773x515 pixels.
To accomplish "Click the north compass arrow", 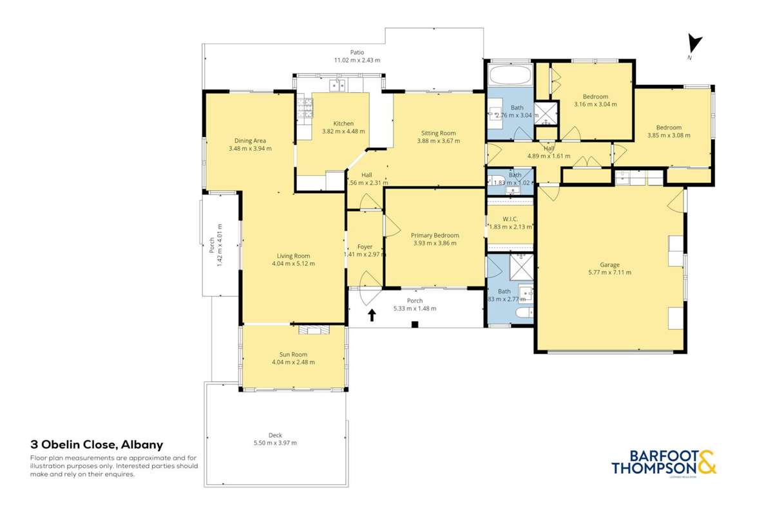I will (694, 44).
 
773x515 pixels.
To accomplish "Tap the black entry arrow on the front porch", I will (372, 315).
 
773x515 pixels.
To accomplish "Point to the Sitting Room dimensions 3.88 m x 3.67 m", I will (438, 141).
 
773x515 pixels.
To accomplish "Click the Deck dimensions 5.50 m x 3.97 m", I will (275, 443).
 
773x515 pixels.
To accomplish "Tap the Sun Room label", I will (293, 354).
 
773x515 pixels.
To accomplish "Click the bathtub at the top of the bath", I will (509, 76).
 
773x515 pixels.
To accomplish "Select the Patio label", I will (357, 52).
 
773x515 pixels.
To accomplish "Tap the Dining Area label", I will (250, 140).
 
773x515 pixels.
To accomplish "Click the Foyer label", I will (365, 247).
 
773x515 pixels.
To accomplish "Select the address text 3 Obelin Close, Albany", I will (97, 444).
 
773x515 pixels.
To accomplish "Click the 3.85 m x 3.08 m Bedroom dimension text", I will (669, 135).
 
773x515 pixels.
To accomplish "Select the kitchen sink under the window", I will (337, 84).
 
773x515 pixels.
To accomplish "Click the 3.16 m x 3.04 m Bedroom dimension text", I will (595, 104).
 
